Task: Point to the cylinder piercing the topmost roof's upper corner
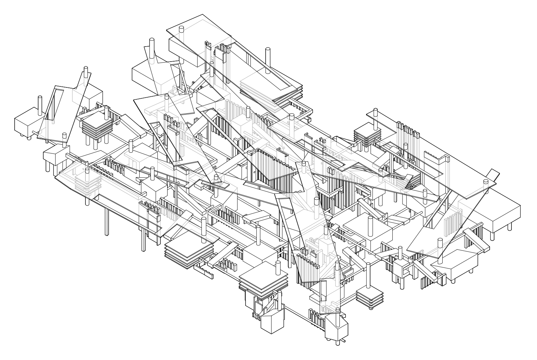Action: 181,32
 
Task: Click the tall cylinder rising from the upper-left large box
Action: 151,51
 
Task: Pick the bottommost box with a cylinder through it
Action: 336,327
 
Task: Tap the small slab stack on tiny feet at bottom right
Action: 369,296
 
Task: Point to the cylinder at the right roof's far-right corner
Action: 486,185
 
